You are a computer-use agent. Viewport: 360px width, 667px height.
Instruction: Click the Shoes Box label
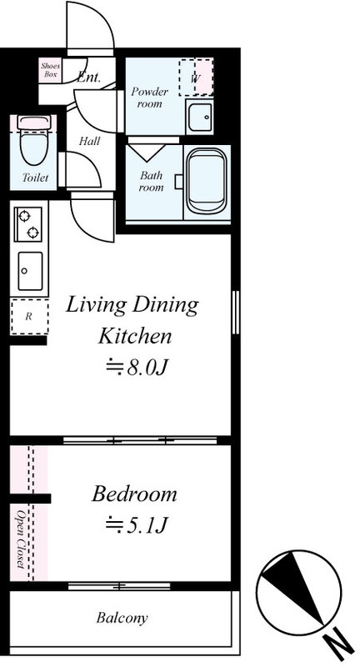pyautogui.click(x=50, y=70)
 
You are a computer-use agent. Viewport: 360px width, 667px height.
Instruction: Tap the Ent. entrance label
pyautogui.click(x=89, y=77)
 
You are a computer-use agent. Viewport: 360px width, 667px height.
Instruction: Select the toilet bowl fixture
pyautogui.click(x=34, y=140)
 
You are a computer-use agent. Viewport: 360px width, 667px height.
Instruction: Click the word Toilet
pyautogui.click(x=35, y=178)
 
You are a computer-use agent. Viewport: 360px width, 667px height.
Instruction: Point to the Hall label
pyautogui.click(x=89, y=141)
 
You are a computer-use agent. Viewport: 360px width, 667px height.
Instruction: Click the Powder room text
pyautogui.click(x=150, y=98)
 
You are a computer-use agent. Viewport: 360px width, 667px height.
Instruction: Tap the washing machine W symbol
pyautogui.click(x=196, y=78)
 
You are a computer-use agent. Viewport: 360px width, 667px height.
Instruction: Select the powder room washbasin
pyautogui.click(x=199, y=117)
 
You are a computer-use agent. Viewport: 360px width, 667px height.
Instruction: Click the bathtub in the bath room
pyautogui.click(x=207, y=181)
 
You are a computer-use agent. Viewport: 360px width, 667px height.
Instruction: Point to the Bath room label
pyautogui.click(x=152, y=181)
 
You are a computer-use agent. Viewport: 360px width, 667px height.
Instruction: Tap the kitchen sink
pyautogui.click(x=30, y=270)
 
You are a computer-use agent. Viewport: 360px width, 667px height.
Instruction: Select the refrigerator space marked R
pyautogui.click(x=29, y=317)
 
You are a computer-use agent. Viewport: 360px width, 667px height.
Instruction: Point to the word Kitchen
pyautogui.click(x=135, y=336)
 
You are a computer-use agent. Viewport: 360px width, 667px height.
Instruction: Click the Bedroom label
pyautogui.click(x=134, y=494)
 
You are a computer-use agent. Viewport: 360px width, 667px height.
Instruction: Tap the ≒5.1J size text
pyautogui.click(x=135, y=526)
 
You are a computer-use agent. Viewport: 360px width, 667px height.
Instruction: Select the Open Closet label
pyautogui.click(x=20, y=538)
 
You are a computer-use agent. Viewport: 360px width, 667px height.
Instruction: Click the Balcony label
pyautogui.click(x=122, y=618)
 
